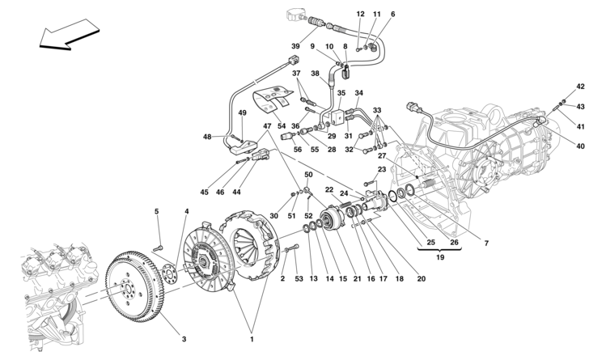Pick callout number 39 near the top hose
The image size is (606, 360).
pos(296,45)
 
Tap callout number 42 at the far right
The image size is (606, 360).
pos(580,86)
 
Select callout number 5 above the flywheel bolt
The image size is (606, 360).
pos(157,213)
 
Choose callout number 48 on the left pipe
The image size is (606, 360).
pos(208,137)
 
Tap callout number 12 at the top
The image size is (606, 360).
pos(361,14)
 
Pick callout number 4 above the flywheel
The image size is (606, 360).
pos(186,213)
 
